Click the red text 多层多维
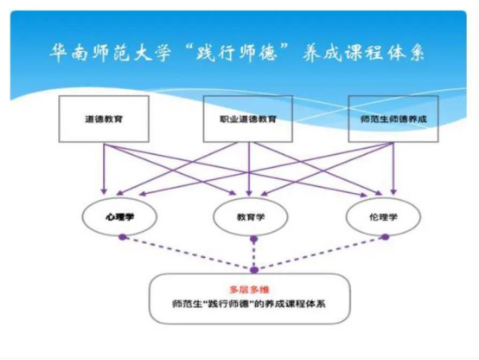pos(249,289)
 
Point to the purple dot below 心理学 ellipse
pos(123,237)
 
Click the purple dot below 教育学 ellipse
pos(253,239)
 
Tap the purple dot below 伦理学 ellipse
pos(386,237)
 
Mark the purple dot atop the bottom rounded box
pos(254,270)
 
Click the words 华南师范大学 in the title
pos(110,53)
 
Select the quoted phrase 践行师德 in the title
pos(237,53)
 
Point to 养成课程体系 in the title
pos(363,53)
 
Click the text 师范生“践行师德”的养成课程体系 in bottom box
pos(249,304)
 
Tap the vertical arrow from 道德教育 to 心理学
pos(104,169)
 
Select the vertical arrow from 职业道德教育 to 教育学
pos(249,169)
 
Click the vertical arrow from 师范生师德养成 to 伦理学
pos(393,169)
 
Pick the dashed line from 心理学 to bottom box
pos(188,254)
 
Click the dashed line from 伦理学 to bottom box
pos(320,254)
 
